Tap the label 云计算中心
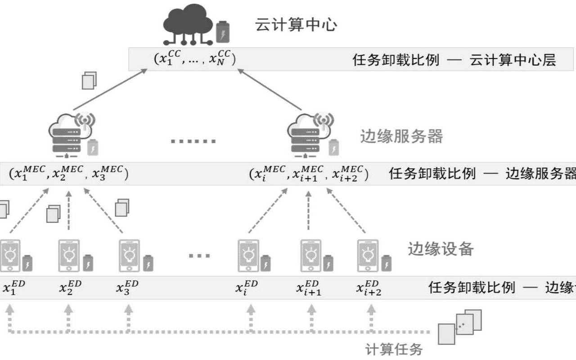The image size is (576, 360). pos(296,25)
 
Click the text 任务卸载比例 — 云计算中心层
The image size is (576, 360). pos(454,60)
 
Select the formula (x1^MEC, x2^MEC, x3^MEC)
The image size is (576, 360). pos(68,173)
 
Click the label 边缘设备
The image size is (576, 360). pos(441,248)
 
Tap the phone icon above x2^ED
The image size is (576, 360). pos(69,255)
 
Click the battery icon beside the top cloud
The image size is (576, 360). pos(222,31)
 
